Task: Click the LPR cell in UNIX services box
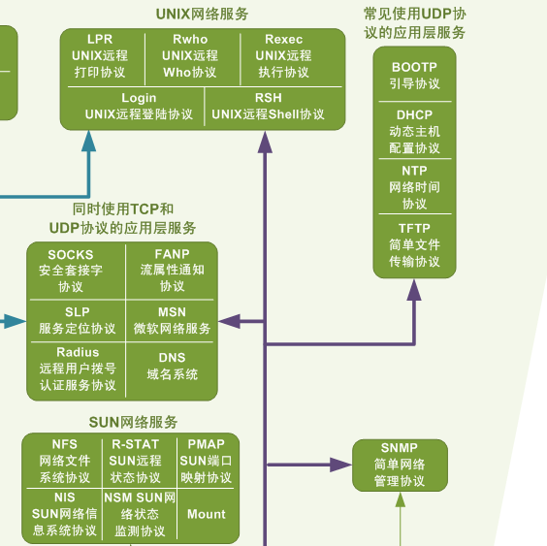[x=100, y=56]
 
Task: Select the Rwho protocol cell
[x=190, y=56]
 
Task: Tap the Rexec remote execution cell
[x=283, y=56]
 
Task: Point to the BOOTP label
[x=414, y=75]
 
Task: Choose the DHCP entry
[x=414, y=131]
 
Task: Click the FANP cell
[x=172, y=271]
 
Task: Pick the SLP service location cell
[x=77, y=320]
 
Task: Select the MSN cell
[x=172, y=320]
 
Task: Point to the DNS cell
[x=172, y=366]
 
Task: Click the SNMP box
[x=399, y=464]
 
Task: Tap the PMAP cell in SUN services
[x=206, y=461]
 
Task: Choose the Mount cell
[x=206, y=514]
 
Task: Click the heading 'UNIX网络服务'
[x=202, y=14]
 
